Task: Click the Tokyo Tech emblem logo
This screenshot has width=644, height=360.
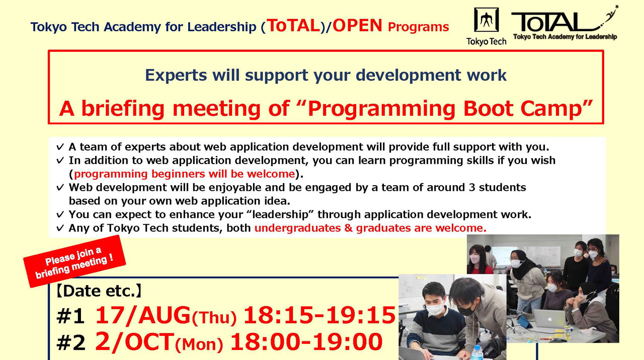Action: click(x=486, y=21)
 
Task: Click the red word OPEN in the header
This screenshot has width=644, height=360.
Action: click(x=357, y=26)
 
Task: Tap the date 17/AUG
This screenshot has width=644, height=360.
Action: click(x=142, y=316)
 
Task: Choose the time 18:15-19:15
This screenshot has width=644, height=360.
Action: click(x=319, y=316)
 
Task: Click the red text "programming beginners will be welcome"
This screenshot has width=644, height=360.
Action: click(x=184, y=174)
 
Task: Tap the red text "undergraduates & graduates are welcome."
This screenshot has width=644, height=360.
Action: click(x=370, y=228)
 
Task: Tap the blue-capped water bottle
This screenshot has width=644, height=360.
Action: click(x=476, y=352)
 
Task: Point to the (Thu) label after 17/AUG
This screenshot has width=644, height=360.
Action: click(x=215, y=318)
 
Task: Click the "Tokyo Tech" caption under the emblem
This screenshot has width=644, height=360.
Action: click(x=486, y=42)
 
